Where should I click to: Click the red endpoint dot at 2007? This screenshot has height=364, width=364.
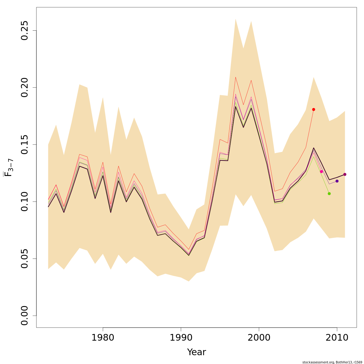(314, 110)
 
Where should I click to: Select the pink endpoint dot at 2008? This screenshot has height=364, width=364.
(322, 172)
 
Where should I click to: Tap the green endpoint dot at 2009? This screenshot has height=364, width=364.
(329, 194)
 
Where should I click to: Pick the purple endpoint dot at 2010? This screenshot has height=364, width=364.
(337, 181)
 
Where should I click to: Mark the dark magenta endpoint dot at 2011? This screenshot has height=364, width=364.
(345, 174)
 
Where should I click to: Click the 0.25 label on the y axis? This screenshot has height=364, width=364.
(24, 31)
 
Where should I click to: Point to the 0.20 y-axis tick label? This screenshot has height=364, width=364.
(24, 88)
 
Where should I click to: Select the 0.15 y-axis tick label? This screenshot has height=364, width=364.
(24, 145)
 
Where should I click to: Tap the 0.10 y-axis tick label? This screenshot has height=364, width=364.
(24, 202)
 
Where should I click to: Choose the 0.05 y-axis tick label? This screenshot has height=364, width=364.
(24, 259)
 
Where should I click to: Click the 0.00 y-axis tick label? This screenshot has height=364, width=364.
(24, 316)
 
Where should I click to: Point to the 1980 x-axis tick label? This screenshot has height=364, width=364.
(103, 338)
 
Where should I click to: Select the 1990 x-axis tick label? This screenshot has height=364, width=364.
(181, 338)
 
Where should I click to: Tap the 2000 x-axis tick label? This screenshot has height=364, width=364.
(259, 338)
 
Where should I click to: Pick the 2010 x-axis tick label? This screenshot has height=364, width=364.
(337, 338)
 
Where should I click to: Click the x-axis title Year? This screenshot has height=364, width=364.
(197, 352)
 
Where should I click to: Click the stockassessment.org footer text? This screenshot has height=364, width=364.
(332, 362)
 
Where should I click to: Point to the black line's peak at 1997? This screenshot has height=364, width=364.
(236, 106)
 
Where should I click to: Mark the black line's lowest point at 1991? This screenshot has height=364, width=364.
(189, 255)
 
